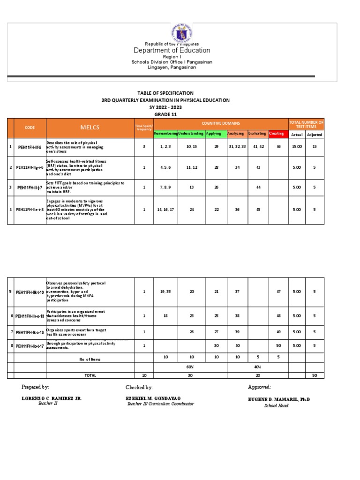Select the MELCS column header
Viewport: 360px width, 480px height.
coord(90,127)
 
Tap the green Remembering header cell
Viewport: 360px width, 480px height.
coord(166,134)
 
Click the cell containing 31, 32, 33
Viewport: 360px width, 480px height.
coord(237,147)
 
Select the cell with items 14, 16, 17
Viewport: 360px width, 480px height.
coord(166,210)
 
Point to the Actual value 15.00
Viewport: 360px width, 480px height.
coord(297,147)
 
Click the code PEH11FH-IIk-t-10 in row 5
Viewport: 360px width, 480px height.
coord(30,292)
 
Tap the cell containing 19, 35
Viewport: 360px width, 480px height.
coord(166,292)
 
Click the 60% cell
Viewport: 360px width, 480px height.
coord(190,367)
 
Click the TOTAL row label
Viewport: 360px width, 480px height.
coord(90,375)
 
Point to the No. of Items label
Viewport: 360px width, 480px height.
coord(90,359)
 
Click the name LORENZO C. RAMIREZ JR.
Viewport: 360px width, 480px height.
coord(52,398)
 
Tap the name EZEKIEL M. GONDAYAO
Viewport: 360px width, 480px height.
coord(153,398)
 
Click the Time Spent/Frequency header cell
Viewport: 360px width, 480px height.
coord(144,127)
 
